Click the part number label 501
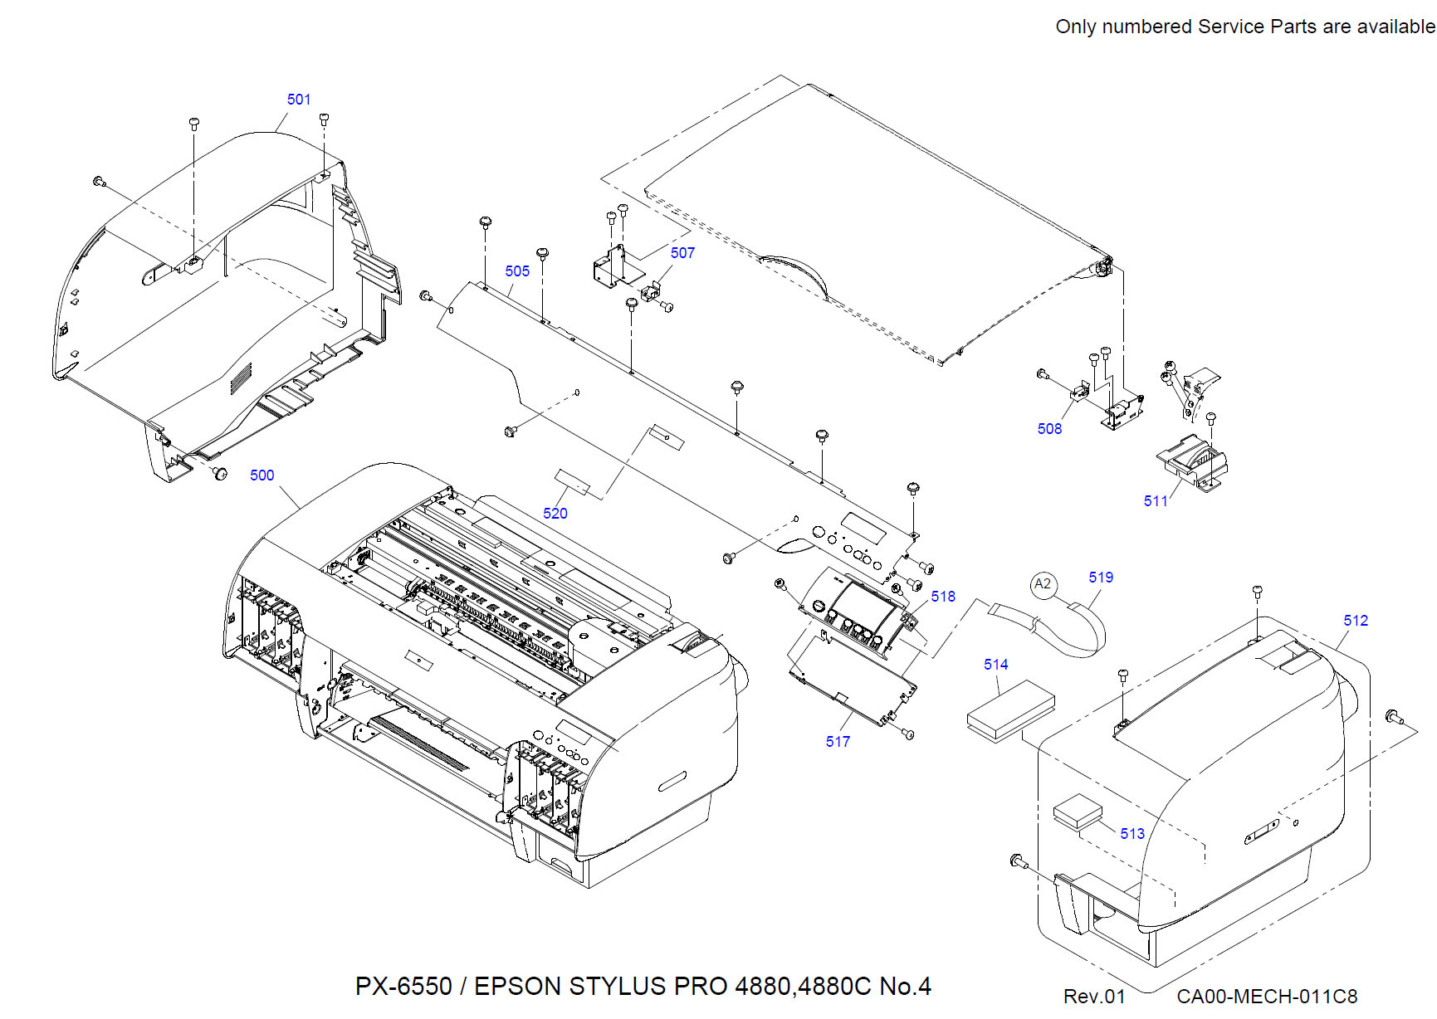pyautogui.click(x=299, y=100)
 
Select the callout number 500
pyautogui.click(x=261, y=475)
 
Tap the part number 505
pyautogui.click(x=517, y=271)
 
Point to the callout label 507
pyautogui.click(x=682, y=253)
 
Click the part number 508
pyautogui.click(x=1049, y=429)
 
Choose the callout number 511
pyautogui.click(x=1156, y=501)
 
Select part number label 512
pyautogui.click(x=1356, y=621)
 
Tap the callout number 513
pyautogui.click(x=1132, y=834)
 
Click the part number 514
pyautogui.click(x=995, y=665)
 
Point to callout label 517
pyautogui.click(x=838, y=742)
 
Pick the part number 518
pyautogui.click(x=943, y=597)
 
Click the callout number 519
pyautogui.click(x=1101, y=578)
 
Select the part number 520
pyautogui.click(x=555, y=514)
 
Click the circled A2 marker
pyautogui.click(x=1044, y=584)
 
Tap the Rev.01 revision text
pyautogui.click(x=1094, y=997)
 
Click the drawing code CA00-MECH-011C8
pyautogui.click(x=1267, y=997)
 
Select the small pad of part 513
pyautogui.click(x=1078, y=812)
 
